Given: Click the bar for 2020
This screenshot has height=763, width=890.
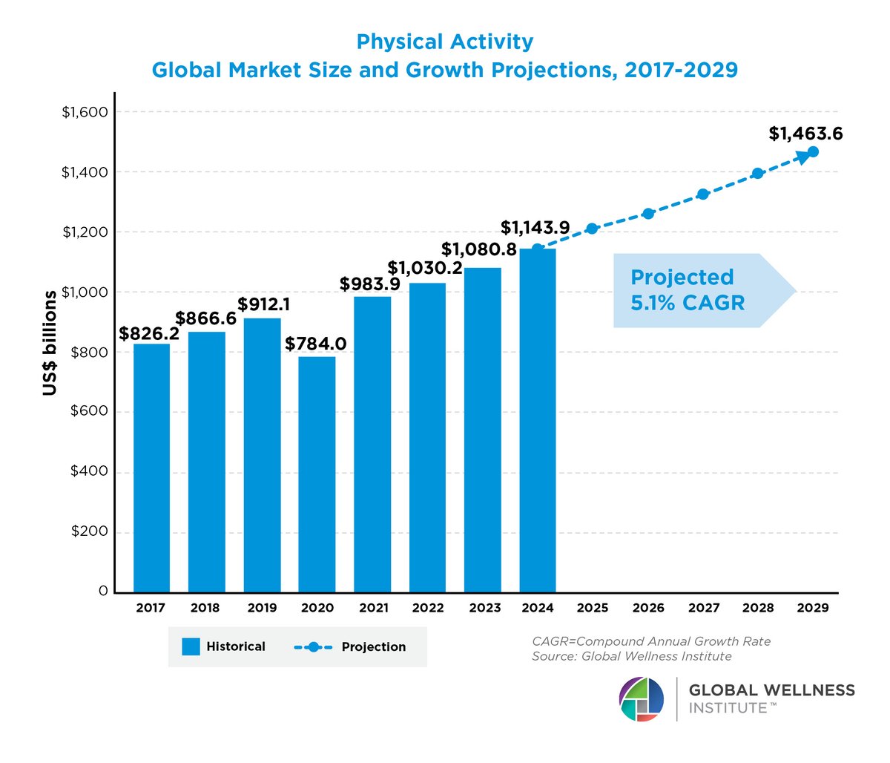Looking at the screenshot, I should coord(317,474).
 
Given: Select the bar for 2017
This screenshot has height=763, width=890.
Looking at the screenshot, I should coord(151,468).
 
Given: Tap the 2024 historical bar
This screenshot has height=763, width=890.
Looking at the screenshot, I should coord(538,420).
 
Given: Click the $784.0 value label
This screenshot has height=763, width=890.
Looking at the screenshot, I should coord(316,344).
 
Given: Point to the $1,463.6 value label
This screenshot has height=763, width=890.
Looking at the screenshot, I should coord(805,134).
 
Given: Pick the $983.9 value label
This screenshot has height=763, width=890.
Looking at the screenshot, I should coord(370,284).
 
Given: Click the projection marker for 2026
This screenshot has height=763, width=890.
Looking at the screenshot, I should coord(648,214).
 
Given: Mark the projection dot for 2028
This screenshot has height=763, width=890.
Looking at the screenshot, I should coord(757,174).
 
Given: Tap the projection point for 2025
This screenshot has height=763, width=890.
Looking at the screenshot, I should coord(592,229).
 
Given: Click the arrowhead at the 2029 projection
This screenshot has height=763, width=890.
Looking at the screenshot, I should coord(811,152).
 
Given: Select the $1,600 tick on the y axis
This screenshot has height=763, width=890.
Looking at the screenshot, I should coord(85,112).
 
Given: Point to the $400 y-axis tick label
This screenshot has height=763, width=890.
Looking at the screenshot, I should coord(89,471).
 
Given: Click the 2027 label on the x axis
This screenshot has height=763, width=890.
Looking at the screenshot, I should coord(703,608).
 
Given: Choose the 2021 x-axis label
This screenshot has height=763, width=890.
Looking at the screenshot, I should coord(373,608).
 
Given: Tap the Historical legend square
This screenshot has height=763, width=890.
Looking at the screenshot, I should coord(191,646).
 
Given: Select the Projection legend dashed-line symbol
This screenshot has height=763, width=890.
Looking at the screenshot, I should coord(312,647).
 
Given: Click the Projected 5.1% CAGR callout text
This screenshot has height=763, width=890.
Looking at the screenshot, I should coord(688,290).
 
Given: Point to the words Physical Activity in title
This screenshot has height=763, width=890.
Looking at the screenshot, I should coord(444,42).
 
